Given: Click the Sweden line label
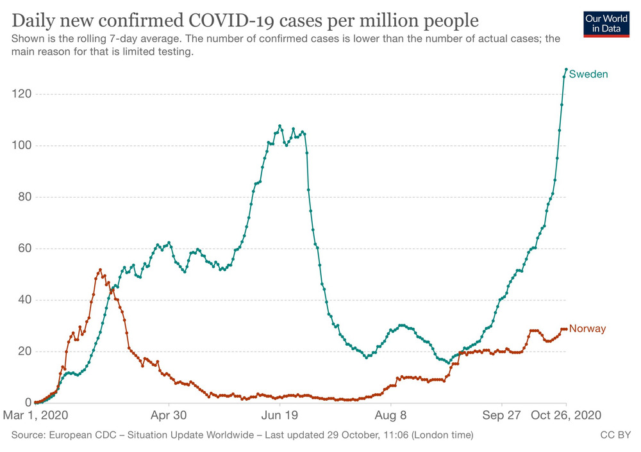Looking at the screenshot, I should click(588, 74).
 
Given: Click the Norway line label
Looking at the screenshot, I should click(587, 329).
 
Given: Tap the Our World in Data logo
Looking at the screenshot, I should click(606, 24).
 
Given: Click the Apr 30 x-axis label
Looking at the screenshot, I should click(169, 415).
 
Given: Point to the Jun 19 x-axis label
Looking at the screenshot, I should click(280, 415).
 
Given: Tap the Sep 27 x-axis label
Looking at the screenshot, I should click(502, 415).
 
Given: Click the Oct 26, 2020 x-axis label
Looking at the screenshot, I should click(567, 415).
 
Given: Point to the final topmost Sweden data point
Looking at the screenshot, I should click(566, 69).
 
